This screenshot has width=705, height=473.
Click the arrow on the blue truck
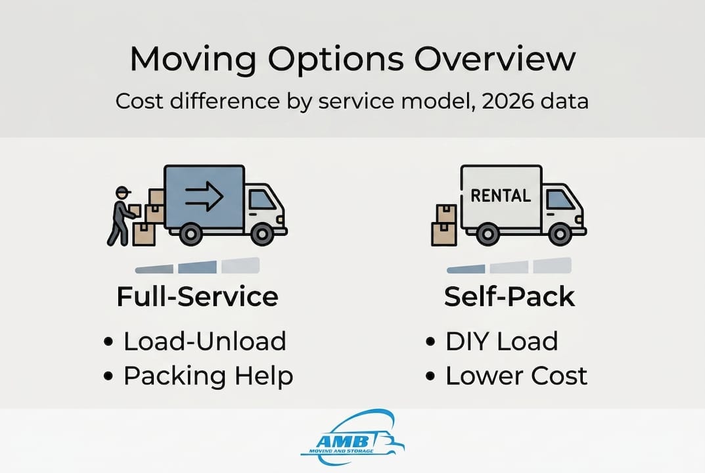(204, 196)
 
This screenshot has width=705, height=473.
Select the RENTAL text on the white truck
(501, 195)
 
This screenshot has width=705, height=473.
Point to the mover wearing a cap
(122, 215)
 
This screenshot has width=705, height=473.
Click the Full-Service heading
(197, 297)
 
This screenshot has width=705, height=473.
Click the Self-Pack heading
(509, 297)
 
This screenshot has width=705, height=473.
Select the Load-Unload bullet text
(204, 341)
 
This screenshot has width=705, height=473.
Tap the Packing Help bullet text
(208, 376)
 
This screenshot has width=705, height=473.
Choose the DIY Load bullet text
(501, 341)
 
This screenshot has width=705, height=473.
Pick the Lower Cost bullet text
(516, 376)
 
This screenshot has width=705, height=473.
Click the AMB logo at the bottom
(352, 437)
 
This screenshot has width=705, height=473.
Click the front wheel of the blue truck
(262, 233)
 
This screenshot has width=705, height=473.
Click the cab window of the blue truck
(262, 199)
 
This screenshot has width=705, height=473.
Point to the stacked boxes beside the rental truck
(444, 225)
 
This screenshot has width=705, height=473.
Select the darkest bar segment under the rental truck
(466, 268)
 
